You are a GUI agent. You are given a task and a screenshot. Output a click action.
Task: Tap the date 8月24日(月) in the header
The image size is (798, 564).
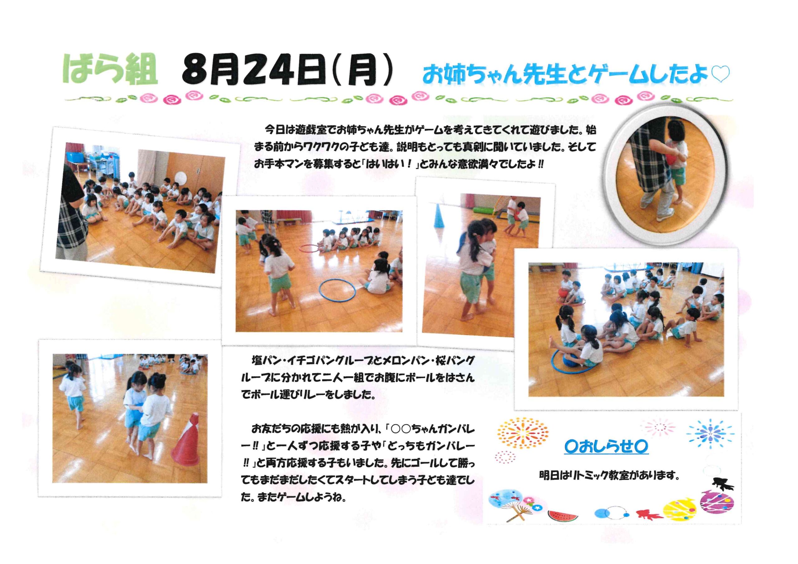pos(288,72)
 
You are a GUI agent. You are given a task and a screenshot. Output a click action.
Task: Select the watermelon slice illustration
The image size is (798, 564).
pos(563,515)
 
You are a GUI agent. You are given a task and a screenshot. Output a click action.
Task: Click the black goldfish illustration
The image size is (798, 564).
pos(722,484)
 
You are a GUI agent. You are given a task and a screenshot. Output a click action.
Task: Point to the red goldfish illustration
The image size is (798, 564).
pos(649,514)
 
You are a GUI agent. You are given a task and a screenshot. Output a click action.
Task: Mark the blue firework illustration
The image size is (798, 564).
pos(710,434)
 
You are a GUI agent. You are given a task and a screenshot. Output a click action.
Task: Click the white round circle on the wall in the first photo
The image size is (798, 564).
pos(181,178)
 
